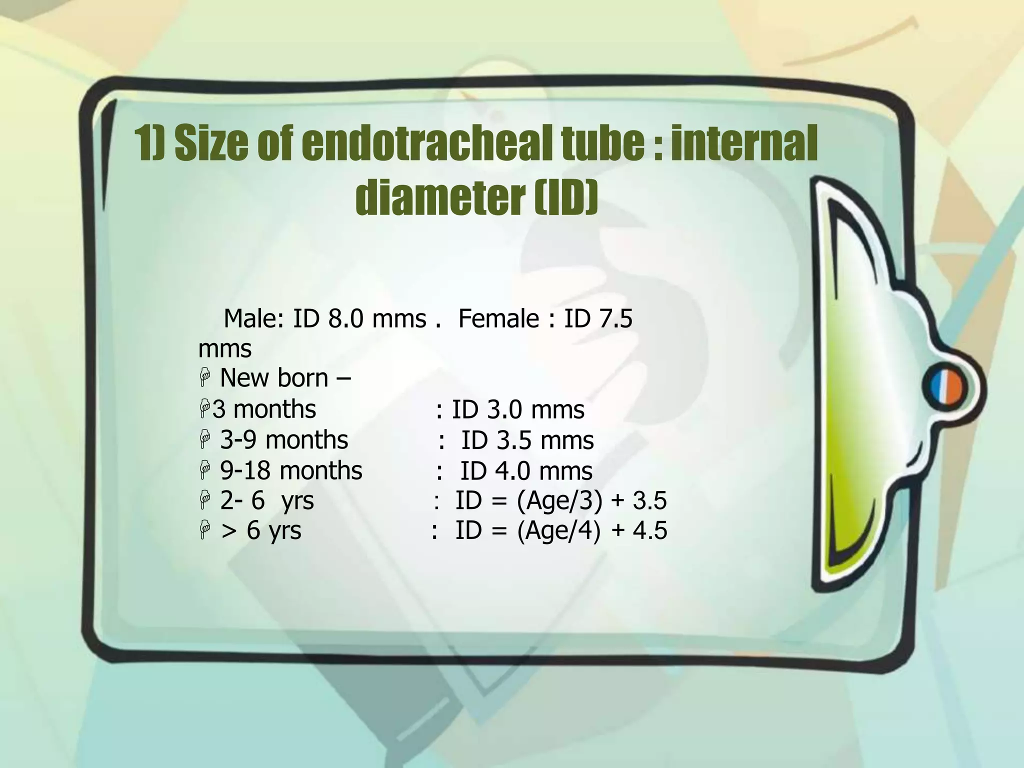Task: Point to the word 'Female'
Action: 498,319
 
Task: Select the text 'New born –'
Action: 285,378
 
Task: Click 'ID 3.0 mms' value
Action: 518,410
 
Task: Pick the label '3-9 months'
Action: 284,440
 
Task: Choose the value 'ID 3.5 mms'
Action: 527,441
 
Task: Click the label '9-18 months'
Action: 291,471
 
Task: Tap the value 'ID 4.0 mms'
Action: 526,471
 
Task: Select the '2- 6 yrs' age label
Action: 267,500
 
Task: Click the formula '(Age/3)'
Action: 559,501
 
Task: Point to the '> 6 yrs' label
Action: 261,530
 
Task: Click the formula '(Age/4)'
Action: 558,531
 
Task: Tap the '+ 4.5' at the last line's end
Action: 639,531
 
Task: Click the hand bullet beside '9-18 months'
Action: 204,471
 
